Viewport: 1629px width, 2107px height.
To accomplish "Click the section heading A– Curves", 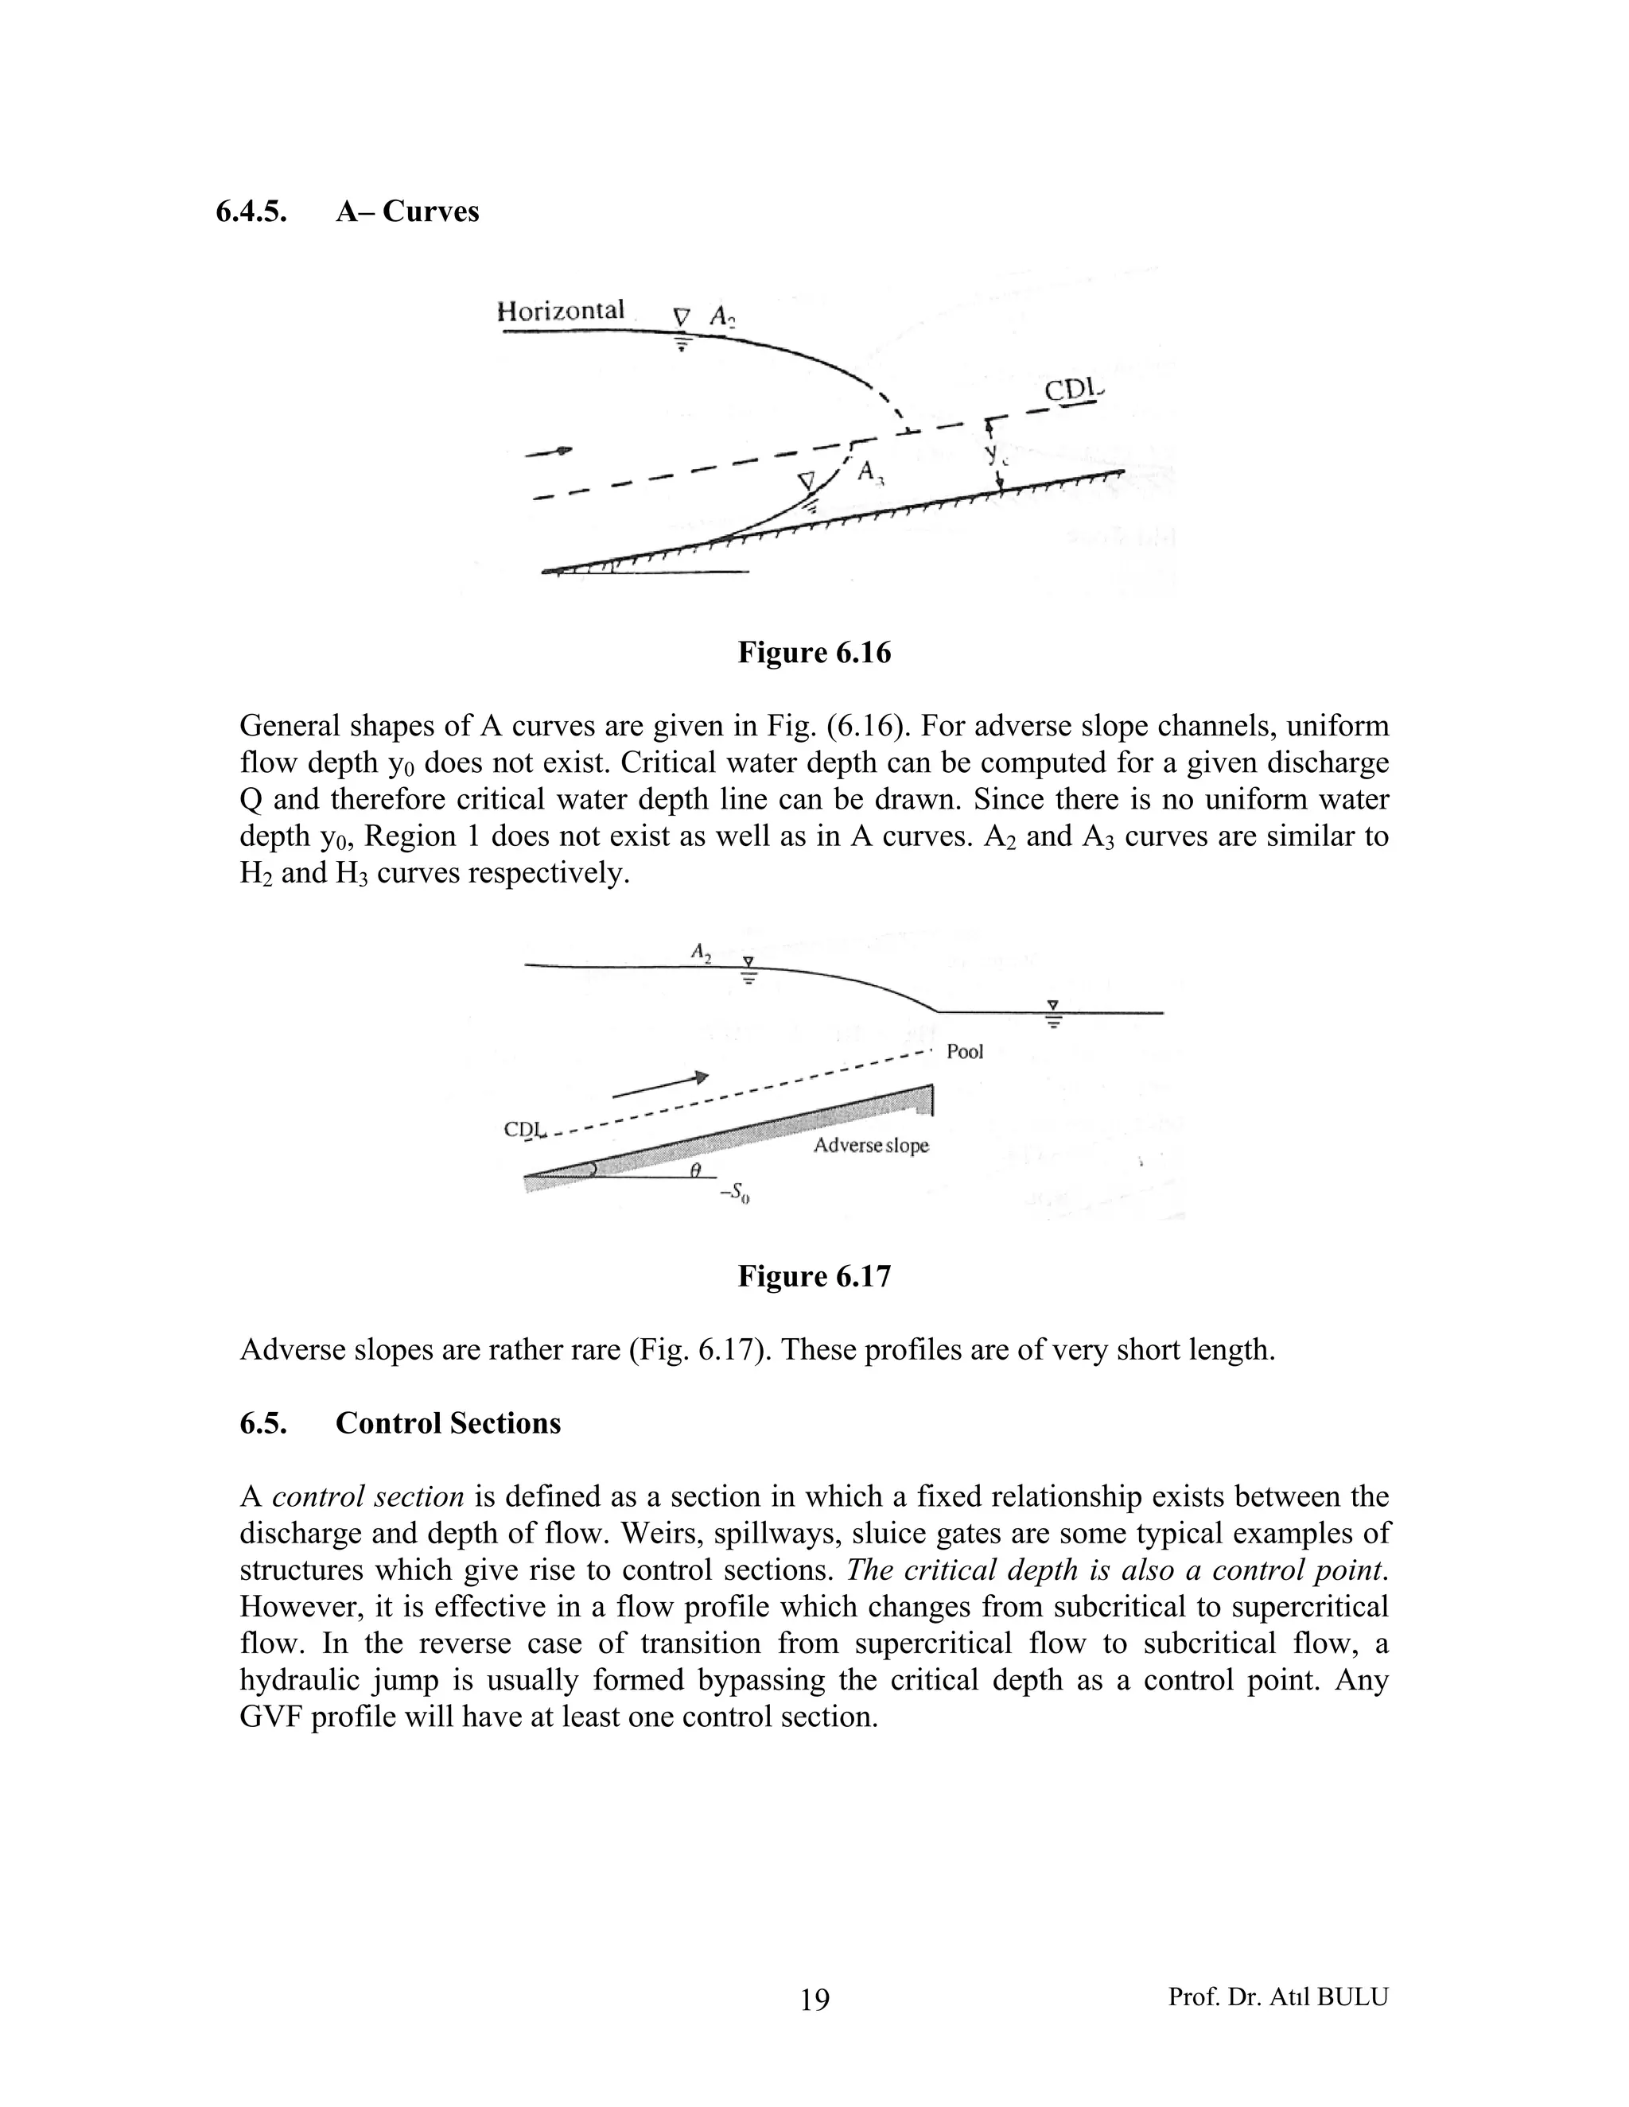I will (x=406, y=211).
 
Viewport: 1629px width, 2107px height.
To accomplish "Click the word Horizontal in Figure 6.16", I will (x=560, y=311).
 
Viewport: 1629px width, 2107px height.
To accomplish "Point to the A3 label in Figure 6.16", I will (x=869, y=471).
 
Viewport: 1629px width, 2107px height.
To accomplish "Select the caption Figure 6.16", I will (x=814, y=653).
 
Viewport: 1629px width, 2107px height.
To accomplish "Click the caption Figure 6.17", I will (x=814, y=1276).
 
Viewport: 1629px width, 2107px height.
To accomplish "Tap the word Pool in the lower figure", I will (x=964, y=1052).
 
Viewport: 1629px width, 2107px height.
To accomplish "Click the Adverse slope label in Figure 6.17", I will (x=870, y=1145).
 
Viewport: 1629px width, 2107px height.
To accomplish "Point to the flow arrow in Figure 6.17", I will (x=661, y=1085).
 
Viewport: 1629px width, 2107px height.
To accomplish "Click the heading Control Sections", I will (x=447, y=1423).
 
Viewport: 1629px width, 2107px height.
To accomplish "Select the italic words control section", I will (x=367, y=1496).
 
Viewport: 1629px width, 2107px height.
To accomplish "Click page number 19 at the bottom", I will (x=814, y=1999).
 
